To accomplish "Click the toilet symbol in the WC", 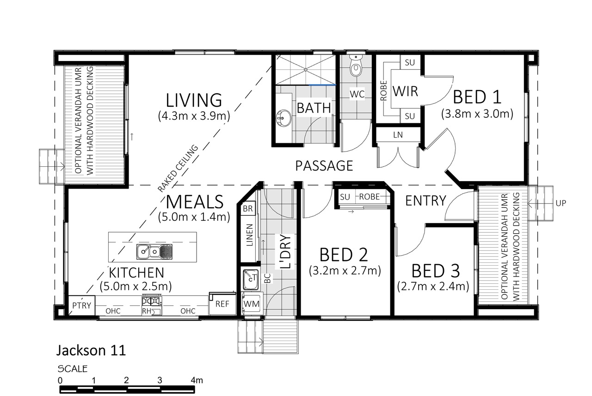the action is coord(356,66).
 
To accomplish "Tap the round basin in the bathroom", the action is coord(284,118).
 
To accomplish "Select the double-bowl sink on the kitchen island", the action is coord(154,251).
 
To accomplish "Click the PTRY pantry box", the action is coord(82,305).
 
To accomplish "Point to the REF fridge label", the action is coord(222,304).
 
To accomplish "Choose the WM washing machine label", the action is coord(251,304).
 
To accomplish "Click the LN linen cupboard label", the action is coord(398,135).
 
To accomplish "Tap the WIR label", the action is coord(405,91).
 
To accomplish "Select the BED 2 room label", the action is coord(344,255).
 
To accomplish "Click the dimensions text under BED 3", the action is coord(433,286).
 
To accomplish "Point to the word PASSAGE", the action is coord(324,166).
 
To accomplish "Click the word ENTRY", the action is coord(426,201).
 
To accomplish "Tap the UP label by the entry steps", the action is coord(561,203).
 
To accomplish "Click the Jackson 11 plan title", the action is coord(91,351).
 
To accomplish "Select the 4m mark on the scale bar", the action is coord(197,380).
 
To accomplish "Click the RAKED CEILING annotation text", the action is coord(178,169).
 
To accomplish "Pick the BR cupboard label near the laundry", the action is coord(247,208).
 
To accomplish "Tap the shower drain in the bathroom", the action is coord(306,70).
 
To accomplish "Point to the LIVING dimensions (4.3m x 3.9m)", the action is coord(194,116).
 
